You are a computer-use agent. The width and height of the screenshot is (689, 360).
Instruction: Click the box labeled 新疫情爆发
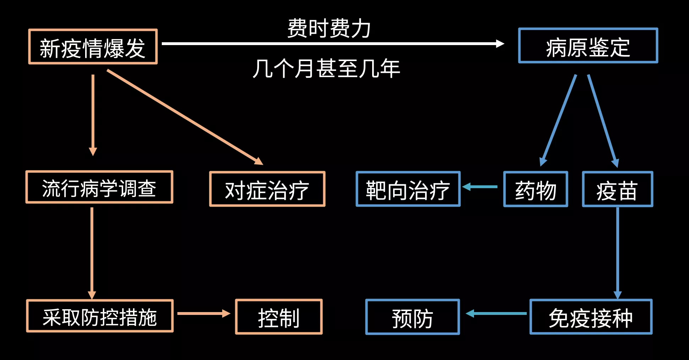pos(93,47)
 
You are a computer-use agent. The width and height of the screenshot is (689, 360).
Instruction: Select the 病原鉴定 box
pos(588,46)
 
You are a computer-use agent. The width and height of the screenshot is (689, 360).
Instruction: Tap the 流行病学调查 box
pos(99,187)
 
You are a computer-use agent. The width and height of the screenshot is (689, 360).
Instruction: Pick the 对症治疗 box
pos(267,189)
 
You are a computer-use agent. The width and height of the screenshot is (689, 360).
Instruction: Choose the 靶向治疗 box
pos(408,189)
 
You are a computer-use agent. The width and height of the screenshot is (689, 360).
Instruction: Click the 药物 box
pos(535,189)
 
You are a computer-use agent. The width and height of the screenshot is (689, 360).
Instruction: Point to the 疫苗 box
pos(617,189)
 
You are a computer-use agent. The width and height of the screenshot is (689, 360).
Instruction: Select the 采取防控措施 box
pos(100,316)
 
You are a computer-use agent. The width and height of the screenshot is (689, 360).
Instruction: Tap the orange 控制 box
pos(279,317)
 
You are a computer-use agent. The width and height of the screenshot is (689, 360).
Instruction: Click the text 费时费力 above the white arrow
pos(329,28)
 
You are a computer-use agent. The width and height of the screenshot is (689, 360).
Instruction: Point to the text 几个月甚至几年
pos(326,69)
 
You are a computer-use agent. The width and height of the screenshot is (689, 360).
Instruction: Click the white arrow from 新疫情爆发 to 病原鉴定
pos(332,44)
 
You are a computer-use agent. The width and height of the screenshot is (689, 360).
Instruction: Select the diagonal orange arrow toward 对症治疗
pos(184,117)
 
